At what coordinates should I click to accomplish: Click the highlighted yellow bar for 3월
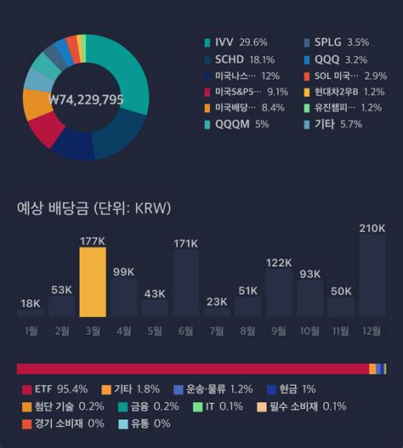pyautogui.click(x=93, y=282)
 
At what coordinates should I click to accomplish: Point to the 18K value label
pyautogui.click(x=31, y=303)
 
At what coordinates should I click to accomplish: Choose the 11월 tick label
pyautogui.click(x=341, y=330)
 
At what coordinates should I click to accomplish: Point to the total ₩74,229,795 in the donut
pyautogui.click(x=87, y=99)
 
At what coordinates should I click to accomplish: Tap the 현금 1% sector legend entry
pyautogui.click(x=291, y=389)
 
